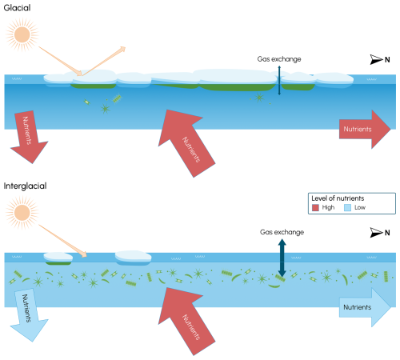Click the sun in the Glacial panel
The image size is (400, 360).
point(22,34)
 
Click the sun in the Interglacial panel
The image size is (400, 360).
point(22,213)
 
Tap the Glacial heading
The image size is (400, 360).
point(17,8)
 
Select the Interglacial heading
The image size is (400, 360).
point(25,186)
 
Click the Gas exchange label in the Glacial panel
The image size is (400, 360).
point(279,59)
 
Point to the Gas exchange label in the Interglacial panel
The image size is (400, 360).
point(282,232)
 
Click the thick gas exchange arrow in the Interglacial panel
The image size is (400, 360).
point(282,258)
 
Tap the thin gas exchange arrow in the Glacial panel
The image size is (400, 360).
point(279,81)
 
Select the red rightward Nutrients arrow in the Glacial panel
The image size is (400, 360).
point(365,129)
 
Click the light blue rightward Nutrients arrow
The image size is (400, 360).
point(365,307)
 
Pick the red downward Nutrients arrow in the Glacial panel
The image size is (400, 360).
point(29,137)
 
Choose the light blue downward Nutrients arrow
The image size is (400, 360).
point(29,314)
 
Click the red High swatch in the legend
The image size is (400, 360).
point(315,207)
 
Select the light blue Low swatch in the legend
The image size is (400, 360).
point(347,207)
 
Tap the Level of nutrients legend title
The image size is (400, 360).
point(338,198)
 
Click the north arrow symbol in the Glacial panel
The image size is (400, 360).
point(376,59)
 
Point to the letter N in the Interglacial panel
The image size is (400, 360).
point(387,233)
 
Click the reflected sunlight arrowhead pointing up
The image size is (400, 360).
point(122,49)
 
